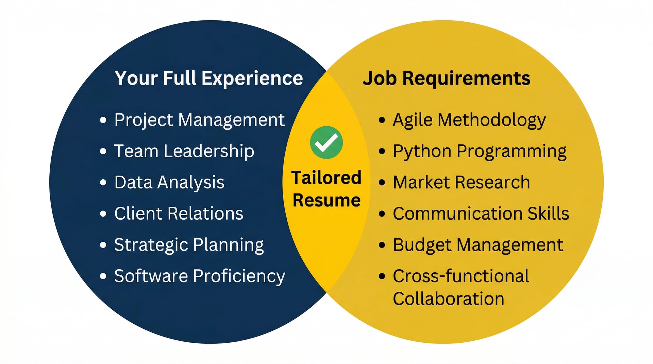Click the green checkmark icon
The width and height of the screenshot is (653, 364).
326,142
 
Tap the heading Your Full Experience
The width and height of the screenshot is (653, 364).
208,78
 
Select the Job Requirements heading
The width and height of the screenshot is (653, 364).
446,78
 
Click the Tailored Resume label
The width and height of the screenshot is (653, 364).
326,189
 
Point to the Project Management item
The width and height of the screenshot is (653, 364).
199,120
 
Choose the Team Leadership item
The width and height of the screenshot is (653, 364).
184,151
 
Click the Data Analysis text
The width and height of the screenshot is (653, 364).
169,182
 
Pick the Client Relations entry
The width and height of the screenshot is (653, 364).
179,214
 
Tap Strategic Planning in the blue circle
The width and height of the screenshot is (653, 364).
189,245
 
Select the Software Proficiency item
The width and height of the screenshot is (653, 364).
200,276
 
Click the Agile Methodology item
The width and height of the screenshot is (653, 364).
469,120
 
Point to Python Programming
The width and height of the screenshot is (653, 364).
480,151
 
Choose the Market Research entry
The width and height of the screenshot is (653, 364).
461,182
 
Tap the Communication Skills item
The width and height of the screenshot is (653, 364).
481,214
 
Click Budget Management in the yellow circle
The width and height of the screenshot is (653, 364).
478,245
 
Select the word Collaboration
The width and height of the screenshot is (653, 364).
448,299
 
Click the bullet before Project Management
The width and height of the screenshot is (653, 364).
103,120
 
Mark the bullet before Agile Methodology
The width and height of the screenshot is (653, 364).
382,120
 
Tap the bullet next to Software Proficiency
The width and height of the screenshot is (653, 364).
103,276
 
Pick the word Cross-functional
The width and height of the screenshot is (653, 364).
461,276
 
